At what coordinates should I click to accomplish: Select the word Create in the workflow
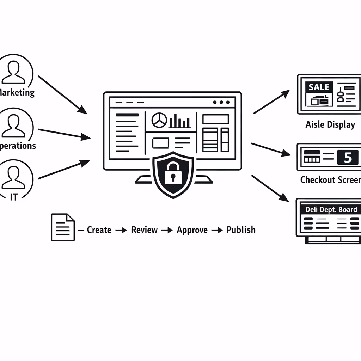click(x=99, y=230)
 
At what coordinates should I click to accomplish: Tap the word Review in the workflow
click(x=144, y=230)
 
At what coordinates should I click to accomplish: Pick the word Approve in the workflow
click(x=192, y=230)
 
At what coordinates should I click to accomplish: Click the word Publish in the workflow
click(x=241, y=230)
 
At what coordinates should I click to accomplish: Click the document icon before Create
click(x=63, y=227)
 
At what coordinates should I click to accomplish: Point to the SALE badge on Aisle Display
click(x=319, y=87)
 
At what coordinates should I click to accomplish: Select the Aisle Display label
click(x=330, y=124)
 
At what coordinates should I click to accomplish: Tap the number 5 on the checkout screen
click(x=348, y=158)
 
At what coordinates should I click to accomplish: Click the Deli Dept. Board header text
click(x=331, y=209)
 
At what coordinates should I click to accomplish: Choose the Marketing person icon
click(x=14, y=72)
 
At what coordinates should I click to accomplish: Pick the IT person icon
click(x=14, y=177)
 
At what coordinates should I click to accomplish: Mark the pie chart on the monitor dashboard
click(x=159, y=120)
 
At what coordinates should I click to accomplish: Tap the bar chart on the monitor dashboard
click(x=180, y=121)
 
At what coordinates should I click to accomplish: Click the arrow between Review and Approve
click(x=167, y=230)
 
